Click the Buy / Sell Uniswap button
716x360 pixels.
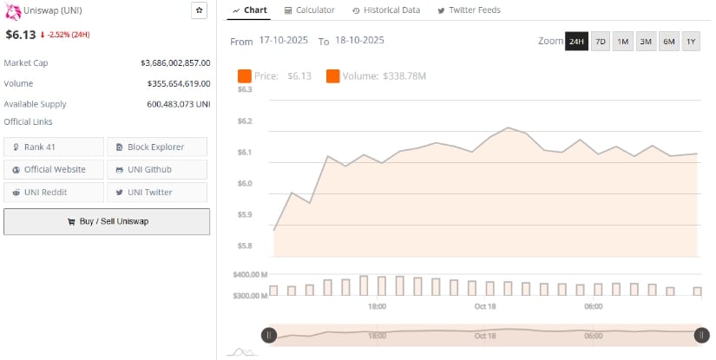point(107,221)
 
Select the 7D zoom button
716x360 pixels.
point(600,42)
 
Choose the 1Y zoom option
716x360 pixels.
point(691,42)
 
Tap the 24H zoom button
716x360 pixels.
point(576,42)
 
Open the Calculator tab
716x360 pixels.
point(309,10)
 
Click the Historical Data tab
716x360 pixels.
point(386,10)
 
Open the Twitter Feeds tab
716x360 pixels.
point(469,10)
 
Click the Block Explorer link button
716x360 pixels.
point(157,147)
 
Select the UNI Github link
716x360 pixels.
point(157,169)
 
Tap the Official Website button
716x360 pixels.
point(54,169)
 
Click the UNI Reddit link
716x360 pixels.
point(54,192)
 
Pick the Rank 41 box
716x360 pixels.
point(54,147)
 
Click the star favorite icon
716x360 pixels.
point(200,10)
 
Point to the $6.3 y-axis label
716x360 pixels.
point(244,89)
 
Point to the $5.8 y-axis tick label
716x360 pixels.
point(244,246)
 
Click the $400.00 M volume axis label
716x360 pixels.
point(249,274)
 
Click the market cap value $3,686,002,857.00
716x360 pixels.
point(175,63)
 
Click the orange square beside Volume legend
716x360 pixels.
point(333,76)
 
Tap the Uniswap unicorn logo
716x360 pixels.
point(12,10)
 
